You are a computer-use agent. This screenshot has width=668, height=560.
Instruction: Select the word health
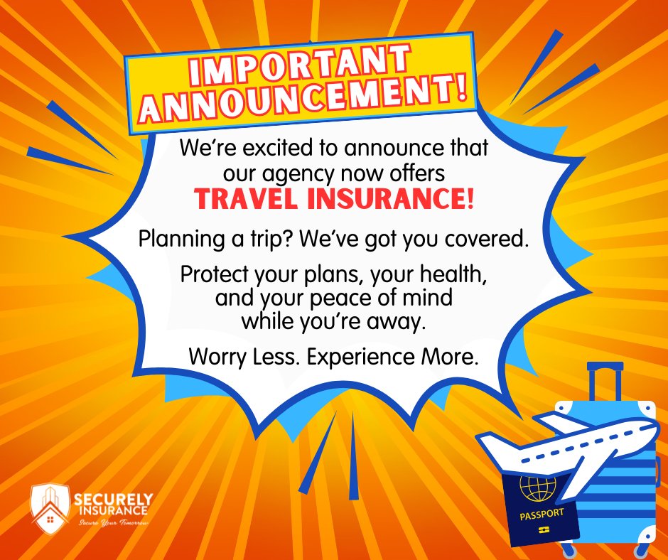tap(419, 274)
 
